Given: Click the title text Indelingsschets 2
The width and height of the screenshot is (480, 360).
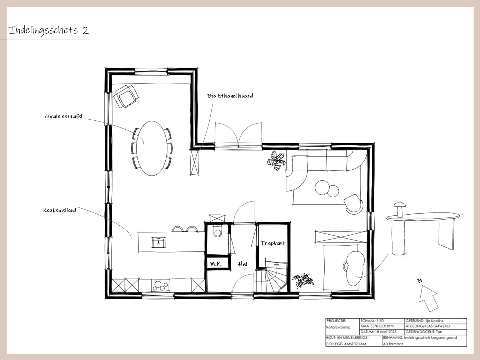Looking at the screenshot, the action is tap(49, 30).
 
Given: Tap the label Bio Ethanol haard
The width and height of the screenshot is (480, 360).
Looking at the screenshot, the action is tap(230, 96).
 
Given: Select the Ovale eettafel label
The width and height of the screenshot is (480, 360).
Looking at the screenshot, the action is tap(64, 116).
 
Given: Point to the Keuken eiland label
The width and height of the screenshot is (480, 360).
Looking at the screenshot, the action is tap(60, 210).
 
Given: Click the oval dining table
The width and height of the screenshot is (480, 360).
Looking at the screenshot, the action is tap(152, 149).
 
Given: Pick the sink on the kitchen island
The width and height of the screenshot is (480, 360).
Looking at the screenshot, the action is tap(159, 242).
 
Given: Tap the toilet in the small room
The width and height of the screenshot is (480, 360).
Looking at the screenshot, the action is tap(217, 231).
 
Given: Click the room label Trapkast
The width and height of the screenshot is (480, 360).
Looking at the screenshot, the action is tap(273, 243).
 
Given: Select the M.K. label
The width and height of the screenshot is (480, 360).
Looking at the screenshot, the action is tap(216, 264).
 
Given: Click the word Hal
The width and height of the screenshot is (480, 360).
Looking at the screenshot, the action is tap(242, 264).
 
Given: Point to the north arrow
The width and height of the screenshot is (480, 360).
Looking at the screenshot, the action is tap(429, 298).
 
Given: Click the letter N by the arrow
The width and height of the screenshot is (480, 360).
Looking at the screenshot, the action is tap(419, 280).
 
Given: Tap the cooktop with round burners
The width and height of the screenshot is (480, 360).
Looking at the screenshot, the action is tap(160, 285).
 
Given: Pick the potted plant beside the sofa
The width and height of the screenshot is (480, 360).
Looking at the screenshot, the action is tap(276, 161).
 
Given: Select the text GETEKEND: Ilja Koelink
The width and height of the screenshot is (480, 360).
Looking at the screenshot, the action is tap(424, 321).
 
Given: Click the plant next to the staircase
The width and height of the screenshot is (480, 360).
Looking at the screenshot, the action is tap(303, 281).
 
